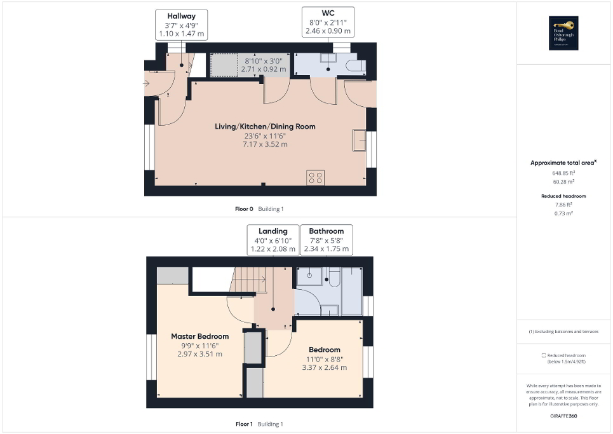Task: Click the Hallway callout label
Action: (181, 24)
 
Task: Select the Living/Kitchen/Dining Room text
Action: (265, 126)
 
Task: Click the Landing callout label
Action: (273, 240)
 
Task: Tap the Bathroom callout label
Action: (327, 240)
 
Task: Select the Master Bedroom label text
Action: (199, 336)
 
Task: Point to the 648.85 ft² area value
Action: (564, 172)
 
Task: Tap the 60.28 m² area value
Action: (564, 181)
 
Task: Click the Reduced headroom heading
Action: (563, 196)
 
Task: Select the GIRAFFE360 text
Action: (564, 414)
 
